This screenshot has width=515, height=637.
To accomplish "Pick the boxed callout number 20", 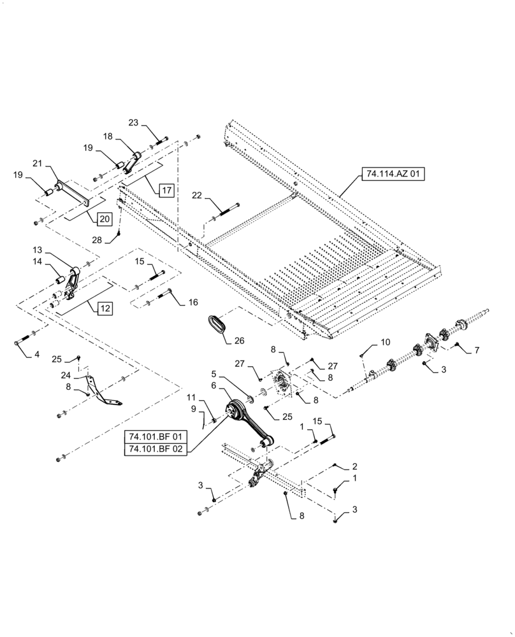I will pyautogui.click(x=104, y=219).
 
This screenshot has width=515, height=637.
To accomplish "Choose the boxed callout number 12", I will pyautogui.click(x=105, y=309).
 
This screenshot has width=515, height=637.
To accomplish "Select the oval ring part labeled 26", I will pyautogui.click(x=217, y=323).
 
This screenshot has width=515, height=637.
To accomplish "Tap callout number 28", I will pyautogui.click(x=96, y=240).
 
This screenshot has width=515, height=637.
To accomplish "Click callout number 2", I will pyautogui.click(x=355, y=467).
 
